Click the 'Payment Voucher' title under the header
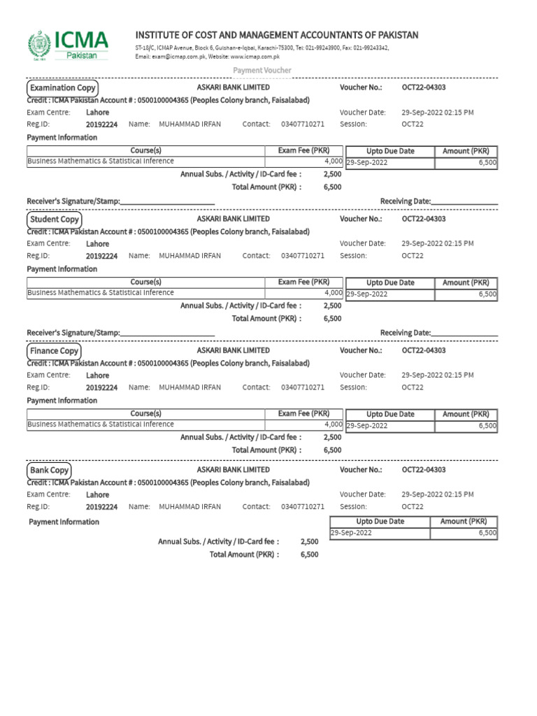tap(262, 71)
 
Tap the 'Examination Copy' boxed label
tap(62, 88)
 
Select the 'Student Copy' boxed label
tap(54, 220)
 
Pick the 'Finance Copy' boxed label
tap(54, 351)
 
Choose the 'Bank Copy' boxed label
tap(49, 471)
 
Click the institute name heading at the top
tap(276, 35)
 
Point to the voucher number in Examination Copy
tap(424, 87)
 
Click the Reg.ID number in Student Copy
tap(101, 256)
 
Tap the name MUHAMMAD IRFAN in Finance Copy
tap(189, 387)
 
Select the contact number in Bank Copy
tap(303, 507)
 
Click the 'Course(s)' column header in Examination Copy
tap(145, 151)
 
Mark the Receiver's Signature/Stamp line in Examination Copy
tap(167, 201)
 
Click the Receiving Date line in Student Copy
tap(464, 333)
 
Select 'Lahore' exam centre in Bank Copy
tap(97, 495)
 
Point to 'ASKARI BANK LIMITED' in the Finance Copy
tap(233, 350)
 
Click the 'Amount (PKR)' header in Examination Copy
tap(466, 151)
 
